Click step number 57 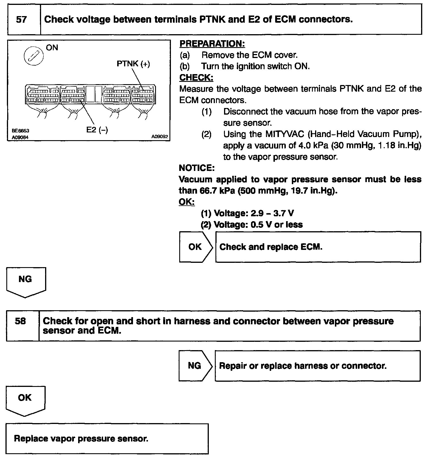[x=22, y=20]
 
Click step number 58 [x=20, y=321]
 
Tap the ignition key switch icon [x=33, y=55]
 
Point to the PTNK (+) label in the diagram [x=133, y=64]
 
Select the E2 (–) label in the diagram [x=97, y=130]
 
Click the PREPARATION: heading [x=212, y=44]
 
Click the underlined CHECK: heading [x=196, y=78]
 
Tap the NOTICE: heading [x=196, y=168]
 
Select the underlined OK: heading [x=186, y=202]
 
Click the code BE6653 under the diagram [x=20, y=130]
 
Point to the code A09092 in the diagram [x=160, y=137]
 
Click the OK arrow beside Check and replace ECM [x=196, y=247]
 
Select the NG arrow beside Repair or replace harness [x=195, y=365]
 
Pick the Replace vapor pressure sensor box [x=107, y=438]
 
